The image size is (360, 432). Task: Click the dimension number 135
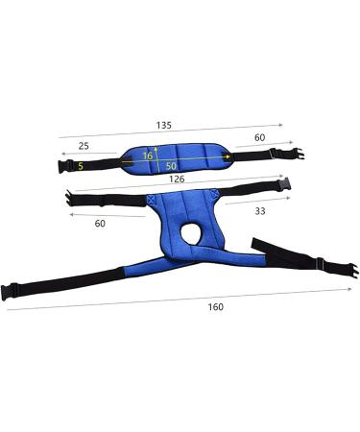pyautogui.click(x=164, y=125)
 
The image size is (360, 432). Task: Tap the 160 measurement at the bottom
pyautogui.click(x=216, y=307)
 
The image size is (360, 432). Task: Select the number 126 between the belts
pyautogui.click(x=177, y=179)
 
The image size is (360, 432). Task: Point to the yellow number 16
pyautogui.click(x=148, y=156)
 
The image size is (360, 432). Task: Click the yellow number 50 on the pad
pyautogui.click(x=171, y=166)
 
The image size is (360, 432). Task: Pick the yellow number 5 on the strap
pyautogui.click(x=81, y=166)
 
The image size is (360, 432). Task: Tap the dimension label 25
pyautogui.click(x=84, y=146)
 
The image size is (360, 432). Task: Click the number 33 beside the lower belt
pyautogui.click(x=260, y=211)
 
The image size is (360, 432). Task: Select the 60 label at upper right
pyautogui.click(x=259, y=137)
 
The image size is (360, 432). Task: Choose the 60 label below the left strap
pyautogui.click(x=100, y=224)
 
